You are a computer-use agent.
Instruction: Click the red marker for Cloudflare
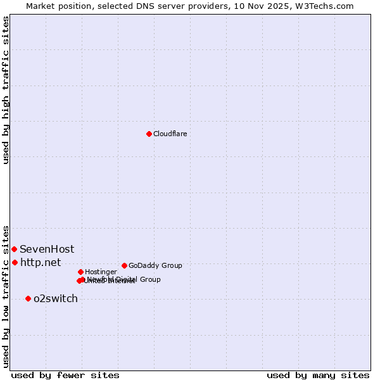(149, 134)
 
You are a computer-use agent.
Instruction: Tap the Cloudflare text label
(170, 134)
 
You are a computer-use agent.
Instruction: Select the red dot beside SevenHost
(14, 250)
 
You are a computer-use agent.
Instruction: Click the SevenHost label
(47, 250)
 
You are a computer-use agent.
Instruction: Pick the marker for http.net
(15, 262)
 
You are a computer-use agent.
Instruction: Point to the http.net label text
(41, 262)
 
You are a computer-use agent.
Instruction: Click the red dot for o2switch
(28, 298)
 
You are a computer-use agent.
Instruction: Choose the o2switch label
(56, 299)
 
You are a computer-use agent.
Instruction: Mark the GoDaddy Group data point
(124, 265)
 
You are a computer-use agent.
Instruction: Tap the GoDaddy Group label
(155, 266)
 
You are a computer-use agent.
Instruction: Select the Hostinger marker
(80, 272)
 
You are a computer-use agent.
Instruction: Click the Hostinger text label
(101, 272)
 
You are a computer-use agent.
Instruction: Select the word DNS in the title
(142, 6)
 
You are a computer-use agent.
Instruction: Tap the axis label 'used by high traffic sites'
(6, 91)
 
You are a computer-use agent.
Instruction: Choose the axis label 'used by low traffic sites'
(6, 296)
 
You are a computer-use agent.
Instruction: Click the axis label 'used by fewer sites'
(65, 375)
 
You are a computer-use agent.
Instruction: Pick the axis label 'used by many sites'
(318, 375)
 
